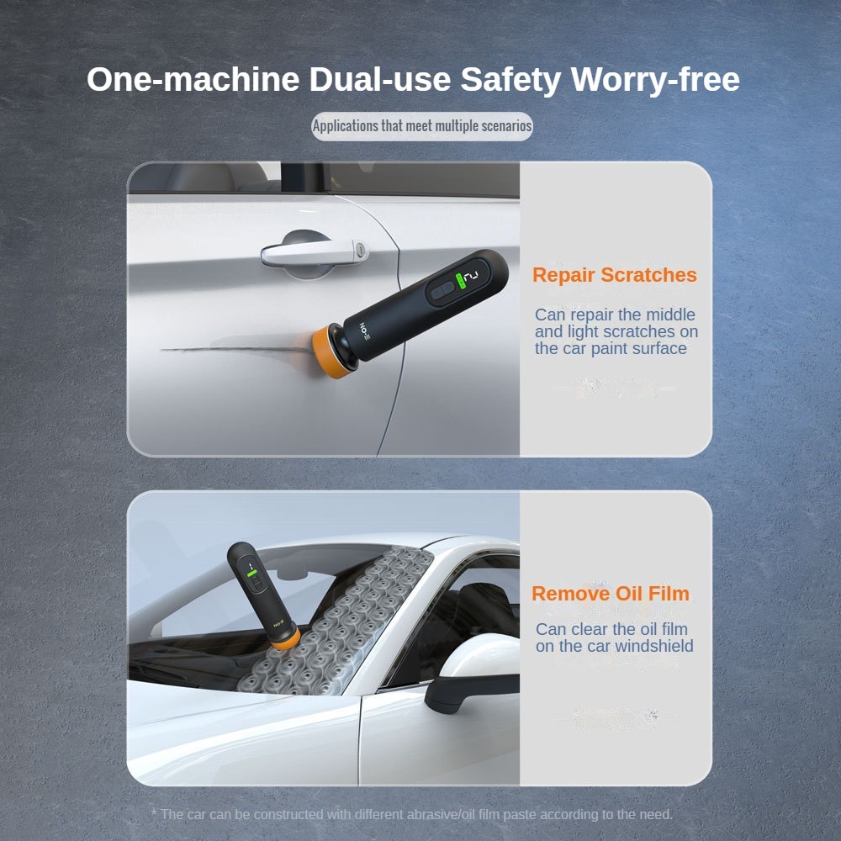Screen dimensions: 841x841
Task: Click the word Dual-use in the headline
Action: pos(380,79)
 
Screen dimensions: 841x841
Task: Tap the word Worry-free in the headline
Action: pos(655,79)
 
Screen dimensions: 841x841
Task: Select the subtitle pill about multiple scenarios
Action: pos(422,127)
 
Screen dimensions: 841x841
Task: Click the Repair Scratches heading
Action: pos(615,275)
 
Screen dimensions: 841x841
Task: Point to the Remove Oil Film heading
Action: pos(611,594)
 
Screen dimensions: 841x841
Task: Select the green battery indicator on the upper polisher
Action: pos(460,281)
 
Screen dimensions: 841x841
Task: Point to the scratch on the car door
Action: pos(236,349)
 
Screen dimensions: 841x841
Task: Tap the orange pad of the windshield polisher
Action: pos(286,639)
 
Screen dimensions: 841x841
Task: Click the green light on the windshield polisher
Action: pos(251,574)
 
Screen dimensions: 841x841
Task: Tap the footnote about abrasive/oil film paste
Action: pos(411,814)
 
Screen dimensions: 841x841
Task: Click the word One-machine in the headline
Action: pos(193,79)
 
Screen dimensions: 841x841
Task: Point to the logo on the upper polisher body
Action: pos(365,332)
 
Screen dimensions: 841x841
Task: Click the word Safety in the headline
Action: pos(510,79)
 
